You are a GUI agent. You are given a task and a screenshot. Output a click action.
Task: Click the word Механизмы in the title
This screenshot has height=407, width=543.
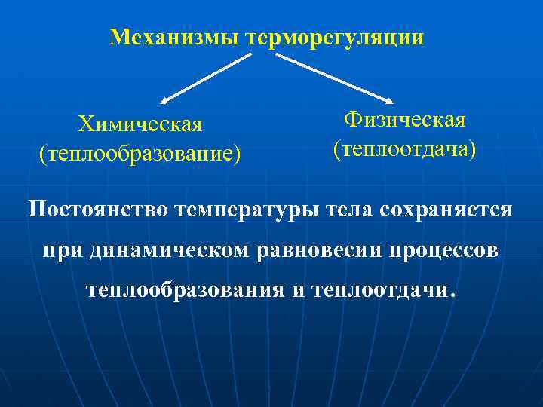(x=174, y=37)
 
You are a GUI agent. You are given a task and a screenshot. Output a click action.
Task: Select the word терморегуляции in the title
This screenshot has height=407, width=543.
(x=334, y=38)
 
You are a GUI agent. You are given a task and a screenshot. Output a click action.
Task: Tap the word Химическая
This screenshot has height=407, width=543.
(x=140, y=124)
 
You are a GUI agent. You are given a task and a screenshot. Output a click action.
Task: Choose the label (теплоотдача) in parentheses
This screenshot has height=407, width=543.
(x=404, y=148)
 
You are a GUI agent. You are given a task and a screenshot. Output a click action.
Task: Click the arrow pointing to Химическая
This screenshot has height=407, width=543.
(x=205, y=78)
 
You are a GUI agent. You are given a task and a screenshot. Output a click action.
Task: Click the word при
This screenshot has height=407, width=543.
(x=59, y=249)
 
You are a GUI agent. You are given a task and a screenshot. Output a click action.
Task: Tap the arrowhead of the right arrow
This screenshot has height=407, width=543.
(x=389, y=101)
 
